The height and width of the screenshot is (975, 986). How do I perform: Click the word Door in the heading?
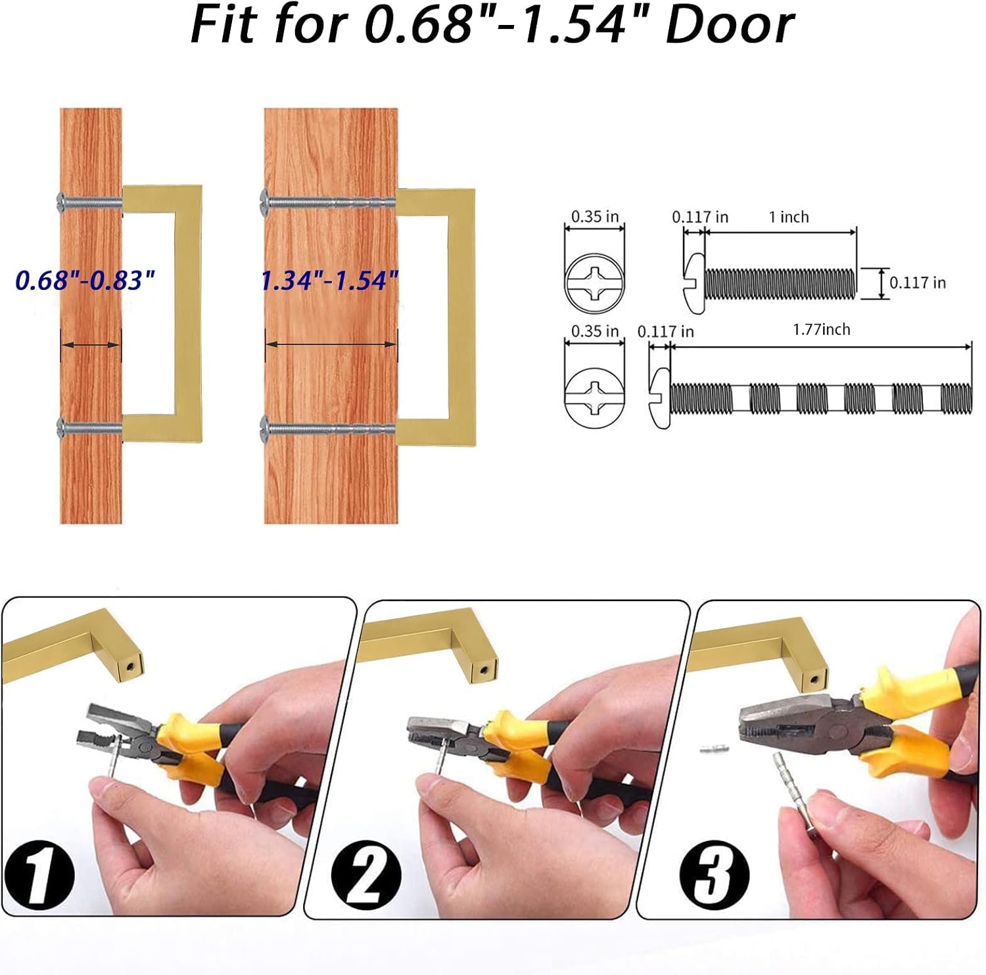[730, 25]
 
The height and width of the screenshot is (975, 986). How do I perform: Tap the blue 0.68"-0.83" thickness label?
[85, 280]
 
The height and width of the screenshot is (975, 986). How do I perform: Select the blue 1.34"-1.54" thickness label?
[330, 281]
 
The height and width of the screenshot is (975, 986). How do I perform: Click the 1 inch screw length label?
[789, 217]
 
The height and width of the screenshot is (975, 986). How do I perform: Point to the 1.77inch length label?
[822, 329]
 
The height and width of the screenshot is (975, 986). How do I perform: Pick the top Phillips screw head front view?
[595, 283]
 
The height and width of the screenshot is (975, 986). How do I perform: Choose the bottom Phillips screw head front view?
[595, 397]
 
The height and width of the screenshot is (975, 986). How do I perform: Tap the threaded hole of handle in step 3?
[815, 679]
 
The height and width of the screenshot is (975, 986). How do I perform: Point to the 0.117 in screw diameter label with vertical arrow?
[918, 283]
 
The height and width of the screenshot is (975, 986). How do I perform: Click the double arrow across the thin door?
[91, 344]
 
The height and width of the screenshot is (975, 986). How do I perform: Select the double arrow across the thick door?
[331, 343]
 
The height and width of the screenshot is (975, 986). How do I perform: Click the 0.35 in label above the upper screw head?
[595, 216]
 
